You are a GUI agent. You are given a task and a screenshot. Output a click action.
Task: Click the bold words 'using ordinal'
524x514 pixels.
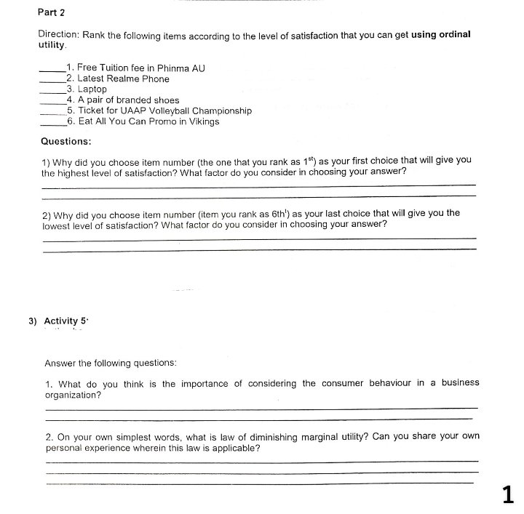tap(441, 34)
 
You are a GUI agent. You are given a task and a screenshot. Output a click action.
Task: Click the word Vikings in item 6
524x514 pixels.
tap(203, 122)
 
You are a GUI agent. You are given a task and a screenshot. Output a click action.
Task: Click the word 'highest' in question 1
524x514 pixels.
tap(76, 173)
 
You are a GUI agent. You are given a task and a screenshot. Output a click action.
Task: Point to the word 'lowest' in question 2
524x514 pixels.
tap(60, 225)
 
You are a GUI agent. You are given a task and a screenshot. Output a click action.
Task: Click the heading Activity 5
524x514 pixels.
tap(65, 321)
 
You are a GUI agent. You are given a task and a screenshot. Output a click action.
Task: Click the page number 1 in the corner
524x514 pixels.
tap(508, 495)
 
